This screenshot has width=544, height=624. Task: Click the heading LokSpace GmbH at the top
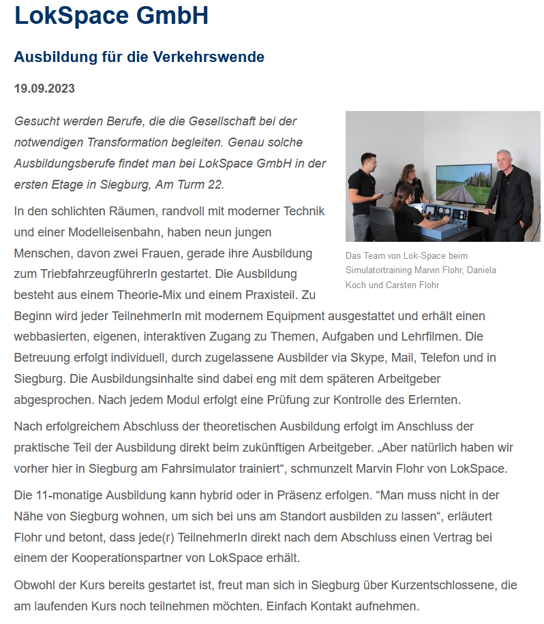111,16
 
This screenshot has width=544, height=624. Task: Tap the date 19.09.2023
44,89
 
